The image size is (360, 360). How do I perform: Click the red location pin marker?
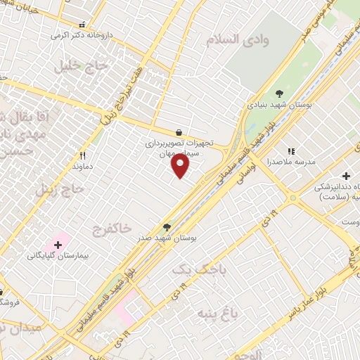[x=181, y=166]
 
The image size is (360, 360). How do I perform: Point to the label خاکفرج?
[x=112, y=229]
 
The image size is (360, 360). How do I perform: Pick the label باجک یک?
[x=191, y=269]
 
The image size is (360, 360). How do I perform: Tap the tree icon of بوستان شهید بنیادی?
[x=278, y=93]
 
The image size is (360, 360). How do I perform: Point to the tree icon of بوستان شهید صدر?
[x=167, y=227]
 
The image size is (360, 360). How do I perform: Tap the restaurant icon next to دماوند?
[x=82, y=156]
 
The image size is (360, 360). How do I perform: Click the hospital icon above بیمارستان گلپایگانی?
[x=58, y=244]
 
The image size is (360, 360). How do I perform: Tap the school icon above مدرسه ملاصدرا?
[x=290, y=150]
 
